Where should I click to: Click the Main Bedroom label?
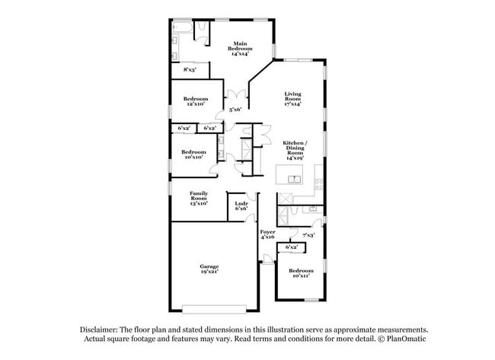pyautogui.click(x=240, y=49)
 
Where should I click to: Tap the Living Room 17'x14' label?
pyautogui.click(x=293, y=99)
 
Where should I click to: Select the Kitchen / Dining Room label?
pyautogui.click(x=295, y=150)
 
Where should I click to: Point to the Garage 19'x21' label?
pyautogui.click(x=209, y=269)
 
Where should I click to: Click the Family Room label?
pyautogui.click(x=199, y=198)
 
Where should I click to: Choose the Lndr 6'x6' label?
pyautogui.click(x=241, y=206)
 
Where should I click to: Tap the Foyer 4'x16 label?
pyautogui.click(x=267, y=234)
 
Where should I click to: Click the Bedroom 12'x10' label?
pyautogui.click(x=196, y=101)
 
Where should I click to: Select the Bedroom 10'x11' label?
pyautogui.click(x=301, y=273)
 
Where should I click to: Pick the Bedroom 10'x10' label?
pyautogui.click(x=193, y=155)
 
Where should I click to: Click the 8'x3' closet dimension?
pyautogui.click(x=190, y=70)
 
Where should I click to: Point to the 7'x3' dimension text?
pyautogui.click(x=308, y=235)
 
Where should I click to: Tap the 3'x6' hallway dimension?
pyautogui.click(x=235, y=110)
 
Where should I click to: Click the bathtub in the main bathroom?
pyautogui.click(x=182, y=27)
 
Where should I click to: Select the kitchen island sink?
pyautogui.click(x=295, y=179)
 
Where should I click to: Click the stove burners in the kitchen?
pyautogui.click(x=319, y=184)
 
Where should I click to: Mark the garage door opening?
pyautogui.click(x=214, y=309)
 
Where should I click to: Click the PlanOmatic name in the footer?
pyautogui.click(x=407, y=339)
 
